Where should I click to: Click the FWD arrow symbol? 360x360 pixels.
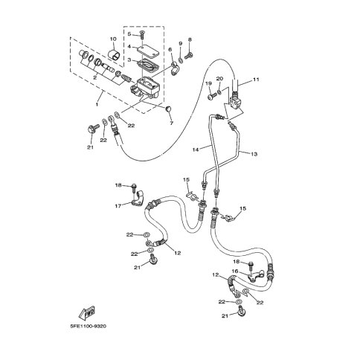87,313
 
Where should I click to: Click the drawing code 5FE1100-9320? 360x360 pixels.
88,326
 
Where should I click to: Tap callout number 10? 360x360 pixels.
113,39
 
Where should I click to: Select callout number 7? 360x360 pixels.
171,123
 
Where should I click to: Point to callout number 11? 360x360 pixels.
256,80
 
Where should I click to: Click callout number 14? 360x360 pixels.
196,150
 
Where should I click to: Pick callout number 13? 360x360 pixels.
254,154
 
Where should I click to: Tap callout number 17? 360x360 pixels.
118,206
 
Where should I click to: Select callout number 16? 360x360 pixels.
235,271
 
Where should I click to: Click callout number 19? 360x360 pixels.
209,83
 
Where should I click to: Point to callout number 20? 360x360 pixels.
219,79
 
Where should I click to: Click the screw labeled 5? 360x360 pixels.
142,36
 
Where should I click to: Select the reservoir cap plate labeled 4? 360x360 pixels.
148,51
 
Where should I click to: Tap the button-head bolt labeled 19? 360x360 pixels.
211,96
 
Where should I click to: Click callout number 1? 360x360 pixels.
97,105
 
